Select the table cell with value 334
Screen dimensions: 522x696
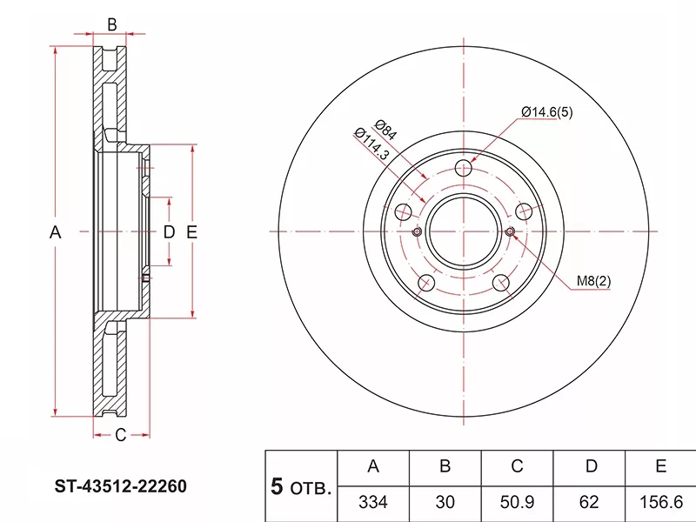(373, 502)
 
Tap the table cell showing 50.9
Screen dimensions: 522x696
(517, 502)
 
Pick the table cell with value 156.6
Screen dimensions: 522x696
(660, 502)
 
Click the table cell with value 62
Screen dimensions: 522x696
(591, 502)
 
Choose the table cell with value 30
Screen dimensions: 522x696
(445, 502)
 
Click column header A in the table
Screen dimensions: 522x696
(373, 467)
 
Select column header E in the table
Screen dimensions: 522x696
(660, 467)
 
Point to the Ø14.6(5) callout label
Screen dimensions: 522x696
(547, 112)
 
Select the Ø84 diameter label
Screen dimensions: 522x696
(386, 130)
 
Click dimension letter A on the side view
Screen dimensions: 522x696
(55, 232)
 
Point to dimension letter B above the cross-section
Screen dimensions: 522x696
(111, 24)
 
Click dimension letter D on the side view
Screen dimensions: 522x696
(169, 232)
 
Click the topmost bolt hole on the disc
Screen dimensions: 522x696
(465, 169)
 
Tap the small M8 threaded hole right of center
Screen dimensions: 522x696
(511, 231)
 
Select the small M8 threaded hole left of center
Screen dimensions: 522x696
(417, 231)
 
